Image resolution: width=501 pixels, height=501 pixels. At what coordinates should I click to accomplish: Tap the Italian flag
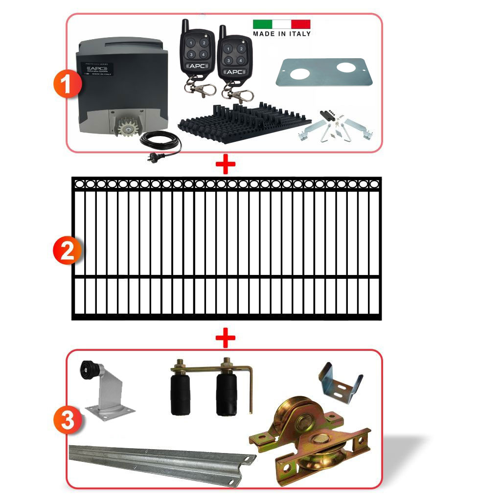point(281,24)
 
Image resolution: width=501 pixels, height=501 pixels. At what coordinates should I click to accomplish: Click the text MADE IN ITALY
point(281,34)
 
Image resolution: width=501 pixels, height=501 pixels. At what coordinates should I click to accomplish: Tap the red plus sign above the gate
point(226,165)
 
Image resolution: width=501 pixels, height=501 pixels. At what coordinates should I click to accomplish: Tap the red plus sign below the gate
point(226,338)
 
